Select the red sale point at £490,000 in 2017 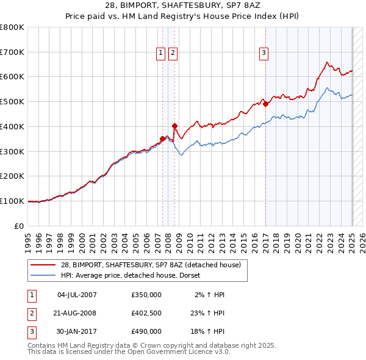coord(265,104)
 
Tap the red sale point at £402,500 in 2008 coord(174,126)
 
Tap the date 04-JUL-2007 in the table coord(77,295)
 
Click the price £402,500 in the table coord(146,313)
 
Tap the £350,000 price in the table coord(146,295)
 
